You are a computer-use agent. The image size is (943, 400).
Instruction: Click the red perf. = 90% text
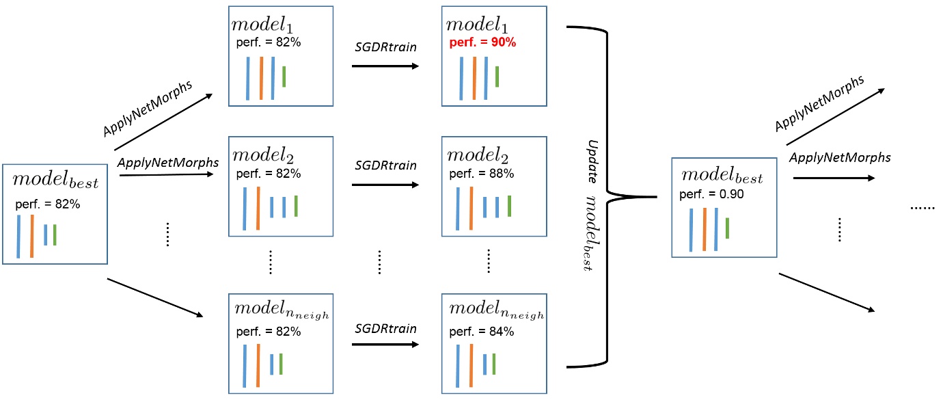[x=482, y=42]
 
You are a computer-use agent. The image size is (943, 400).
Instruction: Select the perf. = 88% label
[x=482, y=174]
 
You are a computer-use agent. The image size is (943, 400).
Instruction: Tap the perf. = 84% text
[x=482, y=332]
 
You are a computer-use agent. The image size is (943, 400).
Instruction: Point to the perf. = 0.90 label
[x=711, y=194]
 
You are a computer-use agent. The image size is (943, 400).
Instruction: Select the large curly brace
[x=608, y=197]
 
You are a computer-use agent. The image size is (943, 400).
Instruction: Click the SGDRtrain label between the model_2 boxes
[x=385, y=165]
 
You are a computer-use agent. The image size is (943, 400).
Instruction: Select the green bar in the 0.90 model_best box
[x=728, y=228]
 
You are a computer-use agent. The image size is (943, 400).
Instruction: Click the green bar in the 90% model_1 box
[x=497, y=76]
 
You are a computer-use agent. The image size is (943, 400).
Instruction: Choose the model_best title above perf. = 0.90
[x=722, y=177]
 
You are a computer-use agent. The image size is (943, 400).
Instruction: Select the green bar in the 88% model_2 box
[x=509, y=206]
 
